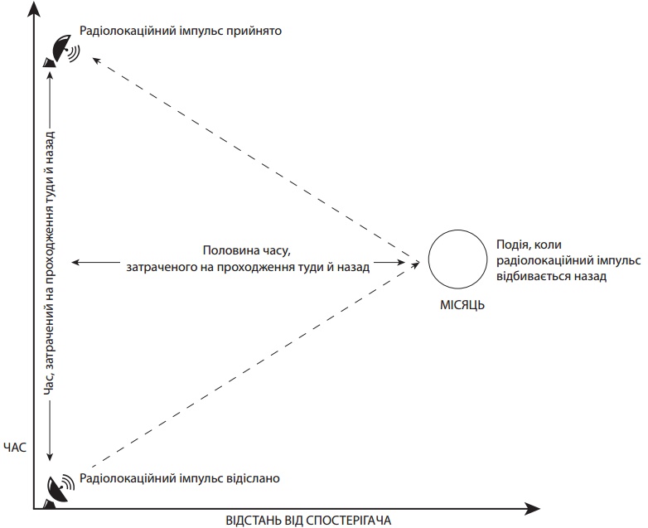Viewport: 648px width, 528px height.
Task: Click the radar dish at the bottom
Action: point(60,488)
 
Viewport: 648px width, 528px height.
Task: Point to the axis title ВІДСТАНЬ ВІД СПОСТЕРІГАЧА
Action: point(307,520)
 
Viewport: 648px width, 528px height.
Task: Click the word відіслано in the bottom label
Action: point(254,478)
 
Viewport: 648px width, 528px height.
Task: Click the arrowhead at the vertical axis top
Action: point(33,8)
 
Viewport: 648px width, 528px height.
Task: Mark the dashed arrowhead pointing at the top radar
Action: point(94,58)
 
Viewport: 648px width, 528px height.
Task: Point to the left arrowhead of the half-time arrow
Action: point(75,262)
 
